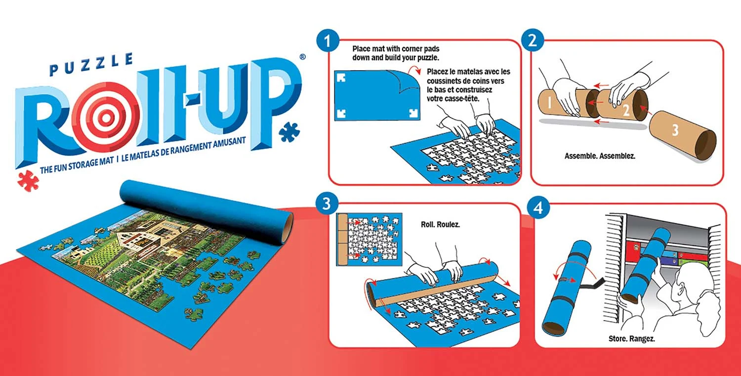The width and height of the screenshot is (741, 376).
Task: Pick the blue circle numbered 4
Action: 537,207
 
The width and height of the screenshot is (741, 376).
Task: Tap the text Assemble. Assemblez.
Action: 600,156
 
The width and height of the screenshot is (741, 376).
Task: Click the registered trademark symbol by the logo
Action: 302,57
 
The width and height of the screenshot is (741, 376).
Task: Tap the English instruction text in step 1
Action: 395,53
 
